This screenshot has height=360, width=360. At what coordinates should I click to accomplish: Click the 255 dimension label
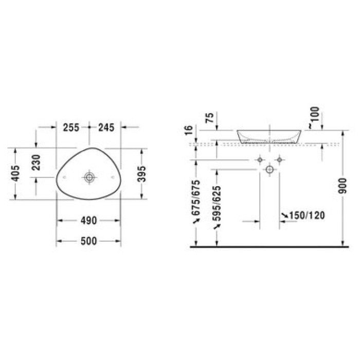click(71, 128)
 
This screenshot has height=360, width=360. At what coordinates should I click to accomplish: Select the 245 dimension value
click(106, 128)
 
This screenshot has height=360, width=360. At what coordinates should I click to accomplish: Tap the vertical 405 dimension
click(16, 174)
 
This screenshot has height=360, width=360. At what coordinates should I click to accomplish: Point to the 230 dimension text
click(36, 163)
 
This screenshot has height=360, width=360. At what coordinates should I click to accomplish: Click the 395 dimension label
click(141, 174)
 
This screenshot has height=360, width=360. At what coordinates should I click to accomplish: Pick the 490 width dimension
click(88, 221)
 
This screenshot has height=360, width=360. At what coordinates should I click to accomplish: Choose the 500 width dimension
click(88, 241)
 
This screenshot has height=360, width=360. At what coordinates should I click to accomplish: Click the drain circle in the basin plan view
click(89, 177)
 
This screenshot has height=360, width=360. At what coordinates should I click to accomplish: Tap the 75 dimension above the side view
click(210, 118)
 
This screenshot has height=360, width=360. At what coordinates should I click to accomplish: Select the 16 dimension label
click(189, 131)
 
